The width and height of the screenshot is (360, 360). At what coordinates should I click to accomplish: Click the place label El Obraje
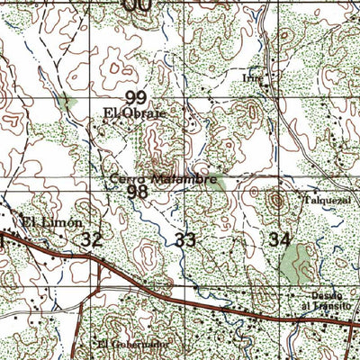(133, 114)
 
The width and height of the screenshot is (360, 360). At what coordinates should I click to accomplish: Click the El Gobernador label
(132, 344)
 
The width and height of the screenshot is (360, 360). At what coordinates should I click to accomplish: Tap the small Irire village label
(252, 77)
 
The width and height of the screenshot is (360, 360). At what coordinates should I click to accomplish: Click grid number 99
(137, 97)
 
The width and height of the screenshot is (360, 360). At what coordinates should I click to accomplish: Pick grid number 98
(137, 192)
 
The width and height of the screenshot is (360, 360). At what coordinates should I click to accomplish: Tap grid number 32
(91, 239)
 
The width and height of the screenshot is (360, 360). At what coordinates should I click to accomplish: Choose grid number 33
(185, 239)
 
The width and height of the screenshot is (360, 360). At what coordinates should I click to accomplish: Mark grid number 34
(279, 239)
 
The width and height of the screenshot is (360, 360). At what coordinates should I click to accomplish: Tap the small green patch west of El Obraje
(64, 102)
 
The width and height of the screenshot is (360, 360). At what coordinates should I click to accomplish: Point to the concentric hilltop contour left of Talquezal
(274, 200)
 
